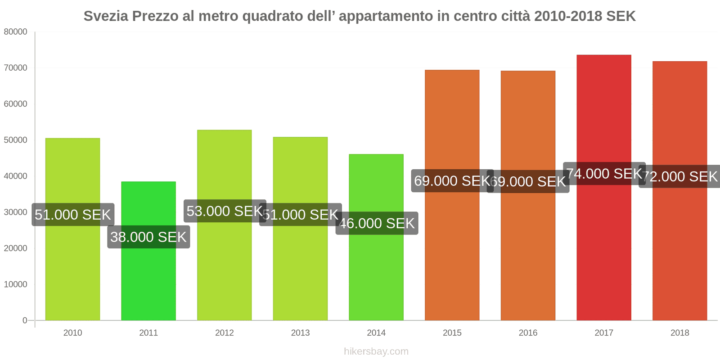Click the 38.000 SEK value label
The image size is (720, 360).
click(148, 237)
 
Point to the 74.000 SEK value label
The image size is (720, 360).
click(604, 173)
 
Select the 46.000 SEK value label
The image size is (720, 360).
click(377, 223)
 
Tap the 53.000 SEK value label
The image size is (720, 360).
click(225, 211)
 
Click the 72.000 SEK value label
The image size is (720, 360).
click(680, 176)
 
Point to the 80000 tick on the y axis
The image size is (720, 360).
click(16, 32)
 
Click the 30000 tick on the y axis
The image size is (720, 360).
click(16, 212)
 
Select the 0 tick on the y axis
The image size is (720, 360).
click(25, 320)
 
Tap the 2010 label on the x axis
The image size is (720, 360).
click(72, 333)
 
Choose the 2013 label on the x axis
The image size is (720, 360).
click(300, 333)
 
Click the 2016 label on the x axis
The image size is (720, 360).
click(528, 333)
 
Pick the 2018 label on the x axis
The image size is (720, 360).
click(679, 333)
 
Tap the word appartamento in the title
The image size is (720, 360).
click(385, 16)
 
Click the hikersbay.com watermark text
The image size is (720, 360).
click(376, 351)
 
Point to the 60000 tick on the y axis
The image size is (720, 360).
click(16, 104)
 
